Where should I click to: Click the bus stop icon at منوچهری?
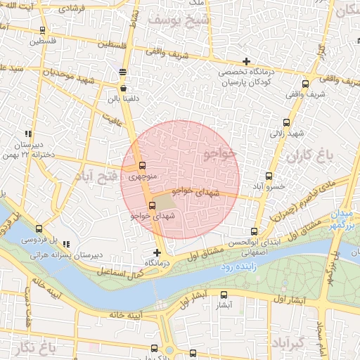click(134, 165)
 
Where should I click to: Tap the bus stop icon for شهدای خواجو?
click(152, 205)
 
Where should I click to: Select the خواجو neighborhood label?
click(219, 153)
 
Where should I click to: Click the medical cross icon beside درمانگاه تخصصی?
click(245, 61)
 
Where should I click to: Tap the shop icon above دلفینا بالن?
click(124, 89)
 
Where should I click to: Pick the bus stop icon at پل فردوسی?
click(39, 228)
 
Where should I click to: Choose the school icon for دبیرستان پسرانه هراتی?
click(66, 244)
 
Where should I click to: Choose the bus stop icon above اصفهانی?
click(254, 231)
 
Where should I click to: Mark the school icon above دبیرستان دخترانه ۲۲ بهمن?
click(28, 133)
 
